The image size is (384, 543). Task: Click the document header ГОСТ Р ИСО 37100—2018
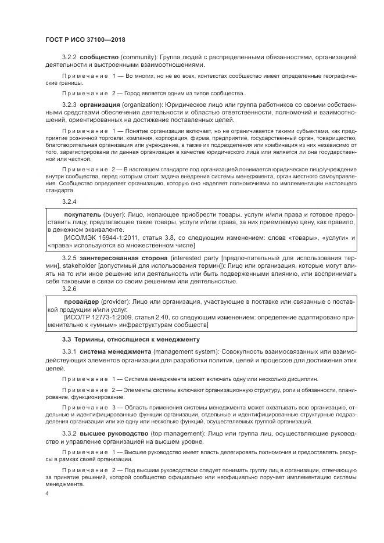click(85, 40)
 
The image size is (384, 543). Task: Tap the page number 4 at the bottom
click(47, 493)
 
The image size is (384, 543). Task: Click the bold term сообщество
click(99, 57)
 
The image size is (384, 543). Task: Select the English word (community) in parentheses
click(141, 57)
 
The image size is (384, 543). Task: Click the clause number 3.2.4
click(69, 202)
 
